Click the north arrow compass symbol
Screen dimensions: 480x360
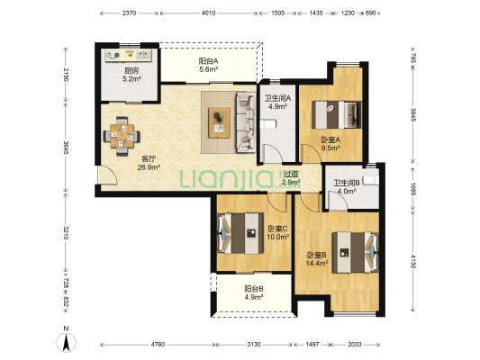point(66,339)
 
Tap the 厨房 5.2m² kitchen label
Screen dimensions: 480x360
point(131,75)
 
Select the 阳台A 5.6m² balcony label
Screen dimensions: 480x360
point(208,65)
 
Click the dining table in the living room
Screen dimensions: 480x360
point(122,136)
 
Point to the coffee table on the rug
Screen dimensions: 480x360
point(219,122)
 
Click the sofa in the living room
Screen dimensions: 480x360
point(246,122)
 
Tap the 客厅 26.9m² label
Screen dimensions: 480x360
point(149,163)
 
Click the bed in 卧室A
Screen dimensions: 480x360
point(337,115)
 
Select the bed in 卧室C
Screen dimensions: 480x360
point(240,233)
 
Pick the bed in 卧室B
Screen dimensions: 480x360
point(356,252)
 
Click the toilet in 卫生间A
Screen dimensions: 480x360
point(268,124)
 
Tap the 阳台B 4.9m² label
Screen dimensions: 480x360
point(254,292)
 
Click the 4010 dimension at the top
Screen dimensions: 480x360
point(208,13)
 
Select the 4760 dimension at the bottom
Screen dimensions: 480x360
point(158,345)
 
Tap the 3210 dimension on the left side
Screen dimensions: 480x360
point(66,233)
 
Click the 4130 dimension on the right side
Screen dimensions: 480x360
point(412,262)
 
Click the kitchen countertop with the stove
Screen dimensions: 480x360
point(129,56)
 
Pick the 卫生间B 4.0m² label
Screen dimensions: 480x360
point(346,187)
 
